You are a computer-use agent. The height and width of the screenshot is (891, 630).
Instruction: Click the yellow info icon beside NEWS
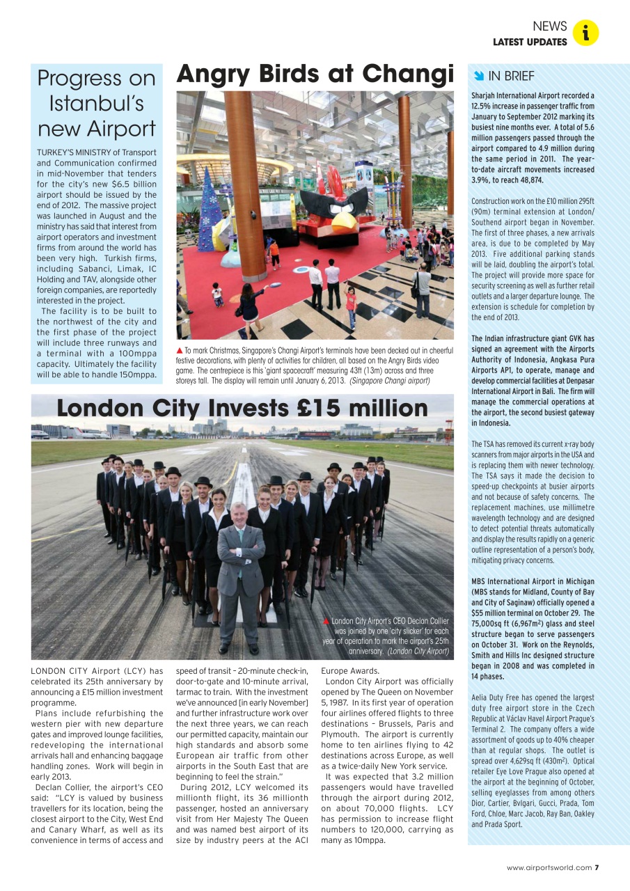coord(586,33)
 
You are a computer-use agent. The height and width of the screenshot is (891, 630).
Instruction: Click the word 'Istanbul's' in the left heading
coord(96,103)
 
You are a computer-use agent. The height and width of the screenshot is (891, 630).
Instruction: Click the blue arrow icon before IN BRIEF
coord(478,76)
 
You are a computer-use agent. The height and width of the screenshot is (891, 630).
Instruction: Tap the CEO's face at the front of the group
coord(239,514)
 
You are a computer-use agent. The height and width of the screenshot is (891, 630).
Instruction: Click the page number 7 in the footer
coord(597,867)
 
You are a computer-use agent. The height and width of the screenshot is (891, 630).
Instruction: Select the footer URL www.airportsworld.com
coord(549,867)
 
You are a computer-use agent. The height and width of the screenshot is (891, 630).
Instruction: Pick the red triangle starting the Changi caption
coord(180,350)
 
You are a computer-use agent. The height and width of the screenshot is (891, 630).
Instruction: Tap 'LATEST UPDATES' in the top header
coord(530,42)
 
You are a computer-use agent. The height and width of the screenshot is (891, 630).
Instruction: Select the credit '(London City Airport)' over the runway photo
coord(418,651)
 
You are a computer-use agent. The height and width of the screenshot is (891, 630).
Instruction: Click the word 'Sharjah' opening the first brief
coord(485,95)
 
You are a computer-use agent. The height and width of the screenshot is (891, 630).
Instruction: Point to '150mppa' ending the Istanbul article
coord(138,374)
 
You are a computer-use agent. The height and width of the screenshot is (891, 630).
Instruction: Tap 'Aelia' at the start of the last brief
coord(480,697)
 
